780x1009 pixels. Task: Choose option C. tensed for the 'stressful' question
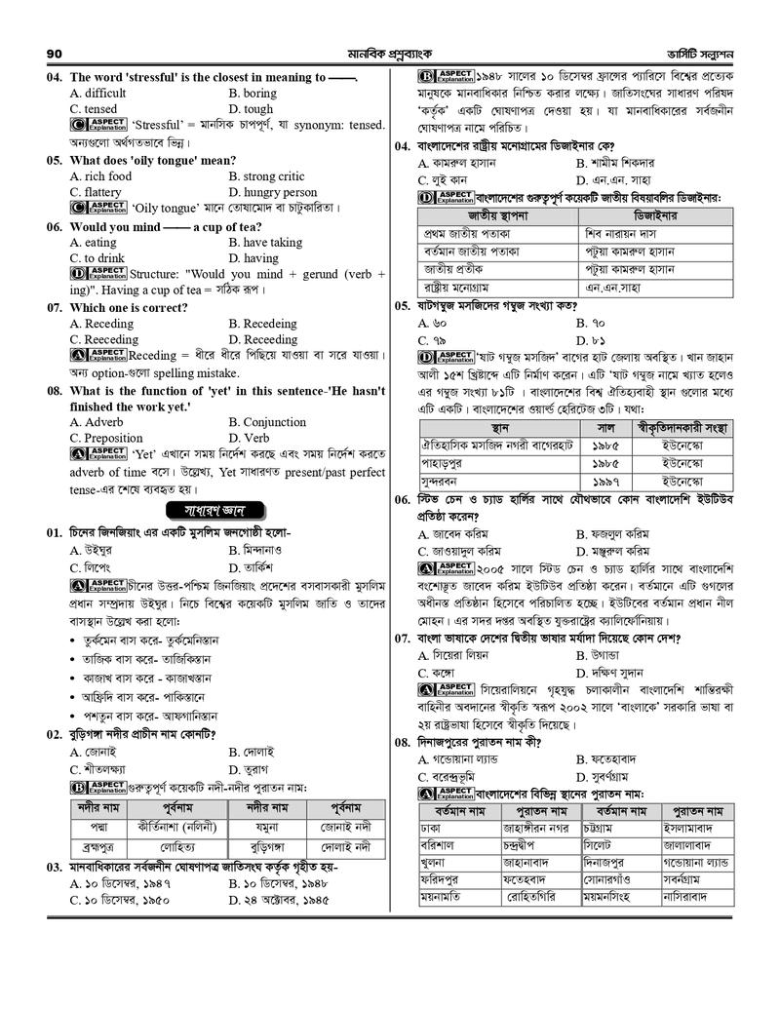(94, 109)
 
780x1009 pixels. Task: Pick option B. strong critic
(266, 176)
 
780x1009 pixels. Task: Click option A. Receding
(101, 324)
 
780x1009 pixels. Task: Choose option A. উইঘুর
(93, 550)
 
